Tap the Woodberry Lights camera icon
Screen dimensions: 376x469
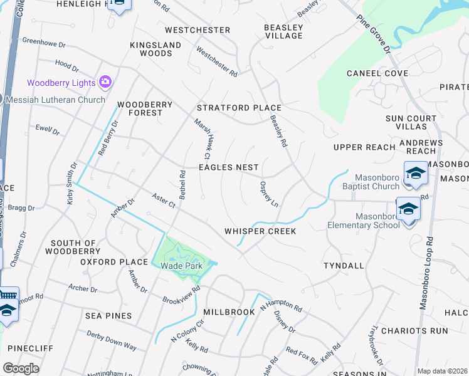(x=105, y=82)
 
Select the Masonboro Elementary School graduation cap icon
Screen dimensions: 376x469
(x=408, y=209)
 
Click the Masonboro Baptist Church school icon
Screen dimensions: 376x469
(x=415, y=173)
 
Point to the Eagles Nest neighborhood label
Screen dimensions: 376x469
(x=228, y=167)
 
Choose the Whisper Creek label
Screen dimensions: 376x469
(x=260, y=231)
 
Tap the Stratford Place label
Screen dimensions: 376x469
(x=240, y=108)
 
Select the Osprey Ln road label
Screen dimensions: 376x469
(x=269, y=195)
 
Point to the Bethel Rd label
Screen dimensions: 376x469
(x=182, y=185)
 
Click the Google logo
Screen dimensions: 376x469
(x=21, y=368)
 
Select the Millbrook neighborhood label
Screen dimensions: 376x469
(x=228, y=311)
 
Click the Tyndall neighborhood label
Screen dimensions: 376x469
(x=344, y=266)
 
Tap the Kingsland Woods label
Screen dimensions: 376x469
(x=155, y=50)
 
